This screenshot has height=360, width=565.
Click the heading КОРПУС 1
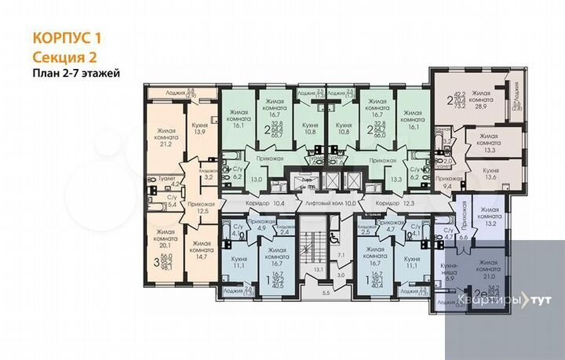(x=67, y=37)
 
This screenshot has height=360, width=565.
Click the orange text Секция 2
(x=64, y=56)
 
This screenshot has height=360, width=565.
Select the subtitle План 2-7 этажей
(x=75, y=74)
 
